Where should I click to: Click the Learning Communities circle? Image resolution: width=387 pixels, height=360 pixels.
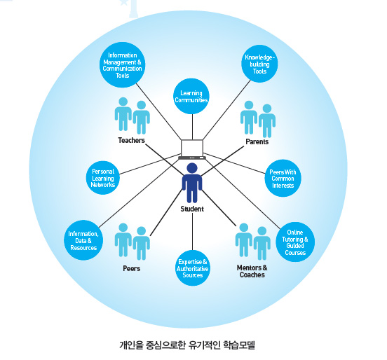tap(191, 97)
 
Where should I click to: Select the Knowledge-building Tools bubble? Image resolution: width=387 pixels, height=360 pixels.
tap(259, 64)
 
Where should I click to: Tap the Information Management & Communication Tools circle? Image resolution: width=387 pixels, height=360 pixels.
tap(122, 65)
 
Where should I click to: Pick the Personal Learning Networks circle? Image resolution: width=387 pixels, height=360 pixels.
tap(103, 178)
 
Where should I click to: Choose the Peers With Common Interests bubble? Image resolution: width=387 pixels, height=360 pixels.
tap(283, 179)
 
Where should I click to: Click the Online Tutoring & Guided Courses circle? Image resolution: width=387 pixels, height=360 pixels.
tap(295, 242)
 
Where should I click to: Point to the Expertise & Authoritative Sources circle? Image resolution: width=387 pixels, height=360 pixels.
tap(193, 268)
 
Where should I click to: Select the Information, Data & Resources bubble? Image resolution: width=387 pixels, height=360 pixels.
tap(83, 240)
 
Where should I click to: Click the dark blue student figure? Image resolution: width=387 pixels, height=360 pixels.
tap(192, 183)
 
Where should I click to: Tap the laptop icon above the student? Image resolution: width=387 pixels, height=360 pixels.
tap(192, 149)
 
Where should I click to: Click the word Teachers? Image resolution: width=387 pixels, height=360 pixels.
tap(131, 140)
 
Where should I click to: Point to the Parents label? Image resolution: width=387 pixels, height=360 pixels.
tap(257, 141)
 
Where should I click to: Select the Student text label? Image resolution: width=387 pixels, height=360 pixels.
tap(192, 209)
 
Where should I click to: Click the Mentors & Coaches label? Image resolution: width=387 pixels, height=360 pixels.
tap(252, 271)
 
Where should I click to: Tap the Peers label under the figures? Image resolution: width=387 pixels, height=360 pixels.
tap(132, 268)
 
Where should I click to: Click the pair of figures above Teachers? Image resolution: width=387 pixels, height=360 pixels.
tap(133, 116)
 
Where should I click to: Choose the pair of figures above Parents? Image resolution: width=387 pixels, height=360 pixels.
tap(258, 119)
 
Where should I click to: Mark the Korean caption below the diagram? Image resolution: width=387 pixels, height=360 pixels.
tap(187, 345)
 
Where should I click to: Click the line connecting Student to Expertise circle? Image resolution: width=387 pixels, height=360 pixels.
tap(193, 232)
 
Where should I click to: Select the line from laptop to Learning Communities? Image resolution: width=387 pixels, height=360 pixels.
tap(192, 127)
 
